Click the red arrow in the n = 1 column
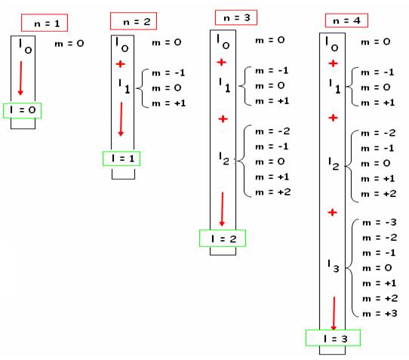point(20,78)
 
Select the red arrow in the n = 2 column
point(121,119)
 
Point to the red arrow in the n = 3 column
point(222,209)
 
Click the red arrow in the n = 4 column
point(334,313)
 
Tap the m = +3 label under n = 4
point(380,313)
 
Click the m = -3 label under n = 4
point(380,223)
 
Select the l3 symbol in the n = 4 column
point(333,266)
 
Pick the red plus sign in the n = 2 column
point(120,64)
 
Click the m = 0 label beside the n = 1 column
point(69,44)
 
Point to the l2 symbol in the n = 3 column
point(224,158)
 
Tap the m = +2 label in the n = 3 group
point(273,192)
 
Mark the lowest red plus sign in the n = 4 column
point(332,212)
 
